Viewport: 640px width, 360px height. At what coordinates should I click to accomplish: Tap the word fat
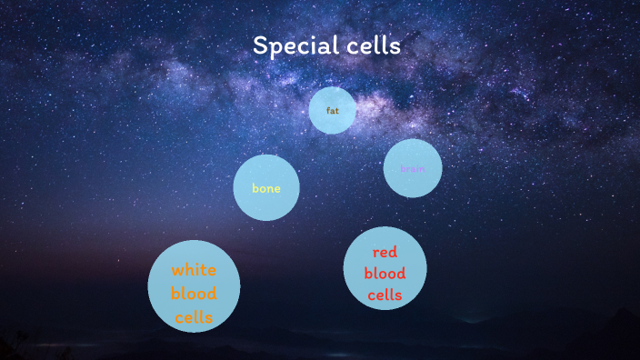(x=333, y=111)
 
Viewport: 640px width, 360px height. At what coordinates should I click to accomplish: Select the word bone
(x=266, y=189)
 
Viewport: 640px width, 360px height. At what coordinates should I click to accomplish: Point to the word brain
(x=413, y=168)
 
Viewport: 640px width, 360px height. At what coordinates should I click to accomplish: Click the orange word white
(x=194, y=270)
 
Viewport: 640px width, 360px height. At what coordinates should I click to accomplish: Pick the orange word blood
(x=194, y=294)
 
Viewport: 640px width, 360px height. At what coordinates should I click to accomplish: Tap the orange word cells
(x=194, y=317)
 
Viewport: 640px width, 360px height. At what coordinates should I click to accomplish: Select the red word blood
(x=385, y=273)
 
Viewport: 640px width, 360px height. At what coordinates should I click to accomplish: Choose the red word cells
(x=385, y=295)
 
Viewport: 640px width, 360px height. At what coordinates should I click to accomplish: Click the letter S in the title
(x=259, y=45)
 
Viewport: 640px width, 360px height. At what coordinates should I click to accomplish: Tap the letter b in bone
(x=255, y=188)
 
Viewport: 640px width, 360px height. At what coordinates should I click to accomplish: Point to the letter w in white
(x=176, y=271)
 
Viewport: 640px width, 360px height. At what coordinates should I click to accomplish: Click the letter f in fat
(x=328, y=111)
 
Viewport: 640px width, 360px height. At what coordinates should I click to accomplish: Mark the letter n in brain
(x=422, y=168)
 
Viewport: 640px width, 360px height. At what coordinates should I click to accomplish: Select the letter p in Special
(x=274, y=48)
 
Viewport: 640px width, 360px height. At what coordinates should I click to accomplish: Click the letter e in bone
(x=277, y=189)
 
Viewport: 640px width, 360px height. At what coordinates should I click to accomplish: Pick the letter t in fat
(x=337, y=111)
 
